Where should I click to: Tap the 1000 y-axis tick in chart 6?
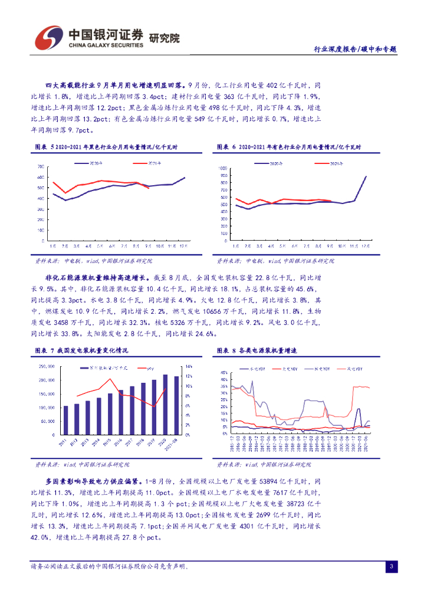coord(222,168)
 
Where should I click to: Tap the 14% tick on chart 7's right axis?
coord(189,366)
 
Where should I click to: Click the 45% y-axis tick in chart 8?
coord(223,373)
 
